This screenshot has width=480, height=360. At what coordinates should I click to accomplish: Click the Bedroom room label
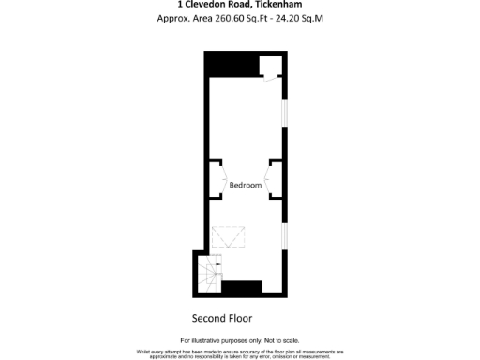click(246, 186)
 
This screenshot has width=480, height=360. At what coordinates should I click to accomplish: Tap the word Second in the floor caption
click(209, 318)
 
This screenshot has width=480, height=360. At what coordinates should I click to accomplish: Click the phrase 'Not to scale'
click(281, 339)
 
